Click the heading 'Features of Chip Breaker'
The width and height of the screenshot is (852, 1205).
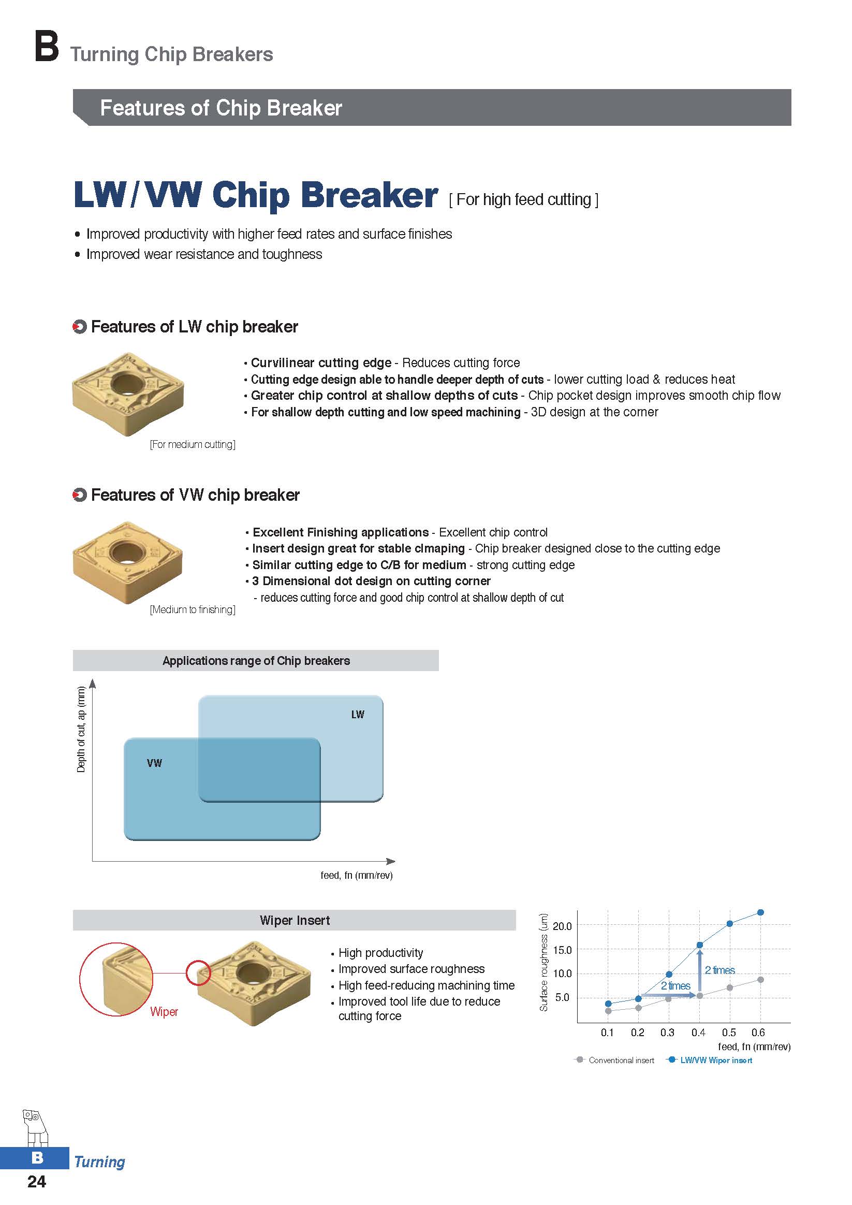[x=221, y=108]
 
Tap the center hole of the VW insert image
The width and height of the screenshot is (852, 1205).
[x=127, y=551]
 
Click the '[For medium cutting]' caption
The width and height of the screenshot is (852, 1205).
[x=193, y=444]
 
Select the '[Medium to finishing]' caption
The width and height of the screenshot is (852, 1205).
[x=193, y=609]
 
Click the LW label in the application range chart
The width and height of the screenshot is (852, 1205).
[x=358, y=714]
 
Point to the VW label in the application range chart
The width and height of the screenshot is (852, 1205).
[x=154, y=763]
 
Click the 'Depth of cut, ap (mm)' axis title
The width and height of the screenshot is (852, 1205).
[x=81, y=730]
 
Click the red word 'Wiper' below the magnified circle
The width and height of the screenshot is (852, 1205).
[x=164, y=1012]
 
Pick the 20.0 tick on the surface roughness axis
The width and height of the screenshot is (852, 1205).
[x=563, y=926]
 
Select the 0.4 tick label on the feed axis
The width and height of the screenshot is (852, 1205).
[x=698, y=1033]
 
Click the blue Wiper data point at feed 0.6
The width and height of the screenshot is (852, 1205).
[x=761, y=912]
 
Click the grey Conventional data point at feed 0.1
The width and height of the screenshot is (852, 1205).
[x=608, y=1011]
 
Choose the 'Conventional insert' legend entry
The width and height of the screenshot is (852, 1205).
[x=615, y=1060]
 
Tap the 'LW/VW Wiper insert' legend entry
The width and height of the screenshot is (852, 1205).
[x=709, y=1060]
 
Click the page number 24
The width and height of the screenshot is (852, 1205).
[x=37, y=1181]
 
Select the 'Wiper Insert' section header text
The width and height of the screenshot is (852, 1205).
[x=295, y=921]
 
